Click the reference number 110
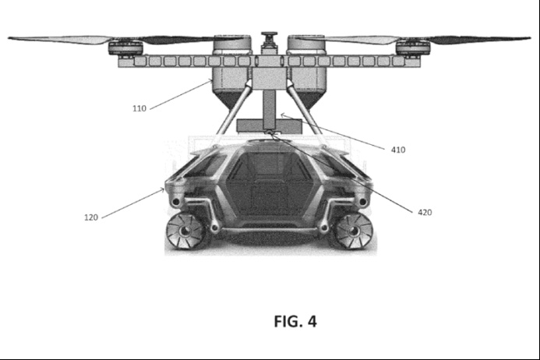(x=139, y=108)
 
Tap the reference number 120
(x=91, y=217)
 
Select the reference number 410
(x=398, y=150)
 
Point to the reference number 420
(x=425, y=213)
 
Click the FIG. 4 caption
(x=295, y=321)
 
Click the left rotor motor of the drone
(x=125, y=48)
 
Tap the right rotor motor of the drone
(x=413, y=48)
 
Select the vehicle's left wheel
(x=185, y=231)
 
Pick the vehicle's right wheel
(x=353, y=231)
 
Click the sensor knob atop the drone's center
(x=269, y=35)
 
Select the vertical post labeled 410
(x=269, y=108)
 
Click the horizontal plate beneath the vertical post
(x=269, y=125)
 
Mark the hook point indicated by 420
(x=270, y=132)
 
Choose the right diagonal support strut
(x=305, y=108)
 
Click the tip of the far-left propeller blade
(x=9, y=38)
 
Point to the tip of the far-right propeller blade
(x=531, y=38)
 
